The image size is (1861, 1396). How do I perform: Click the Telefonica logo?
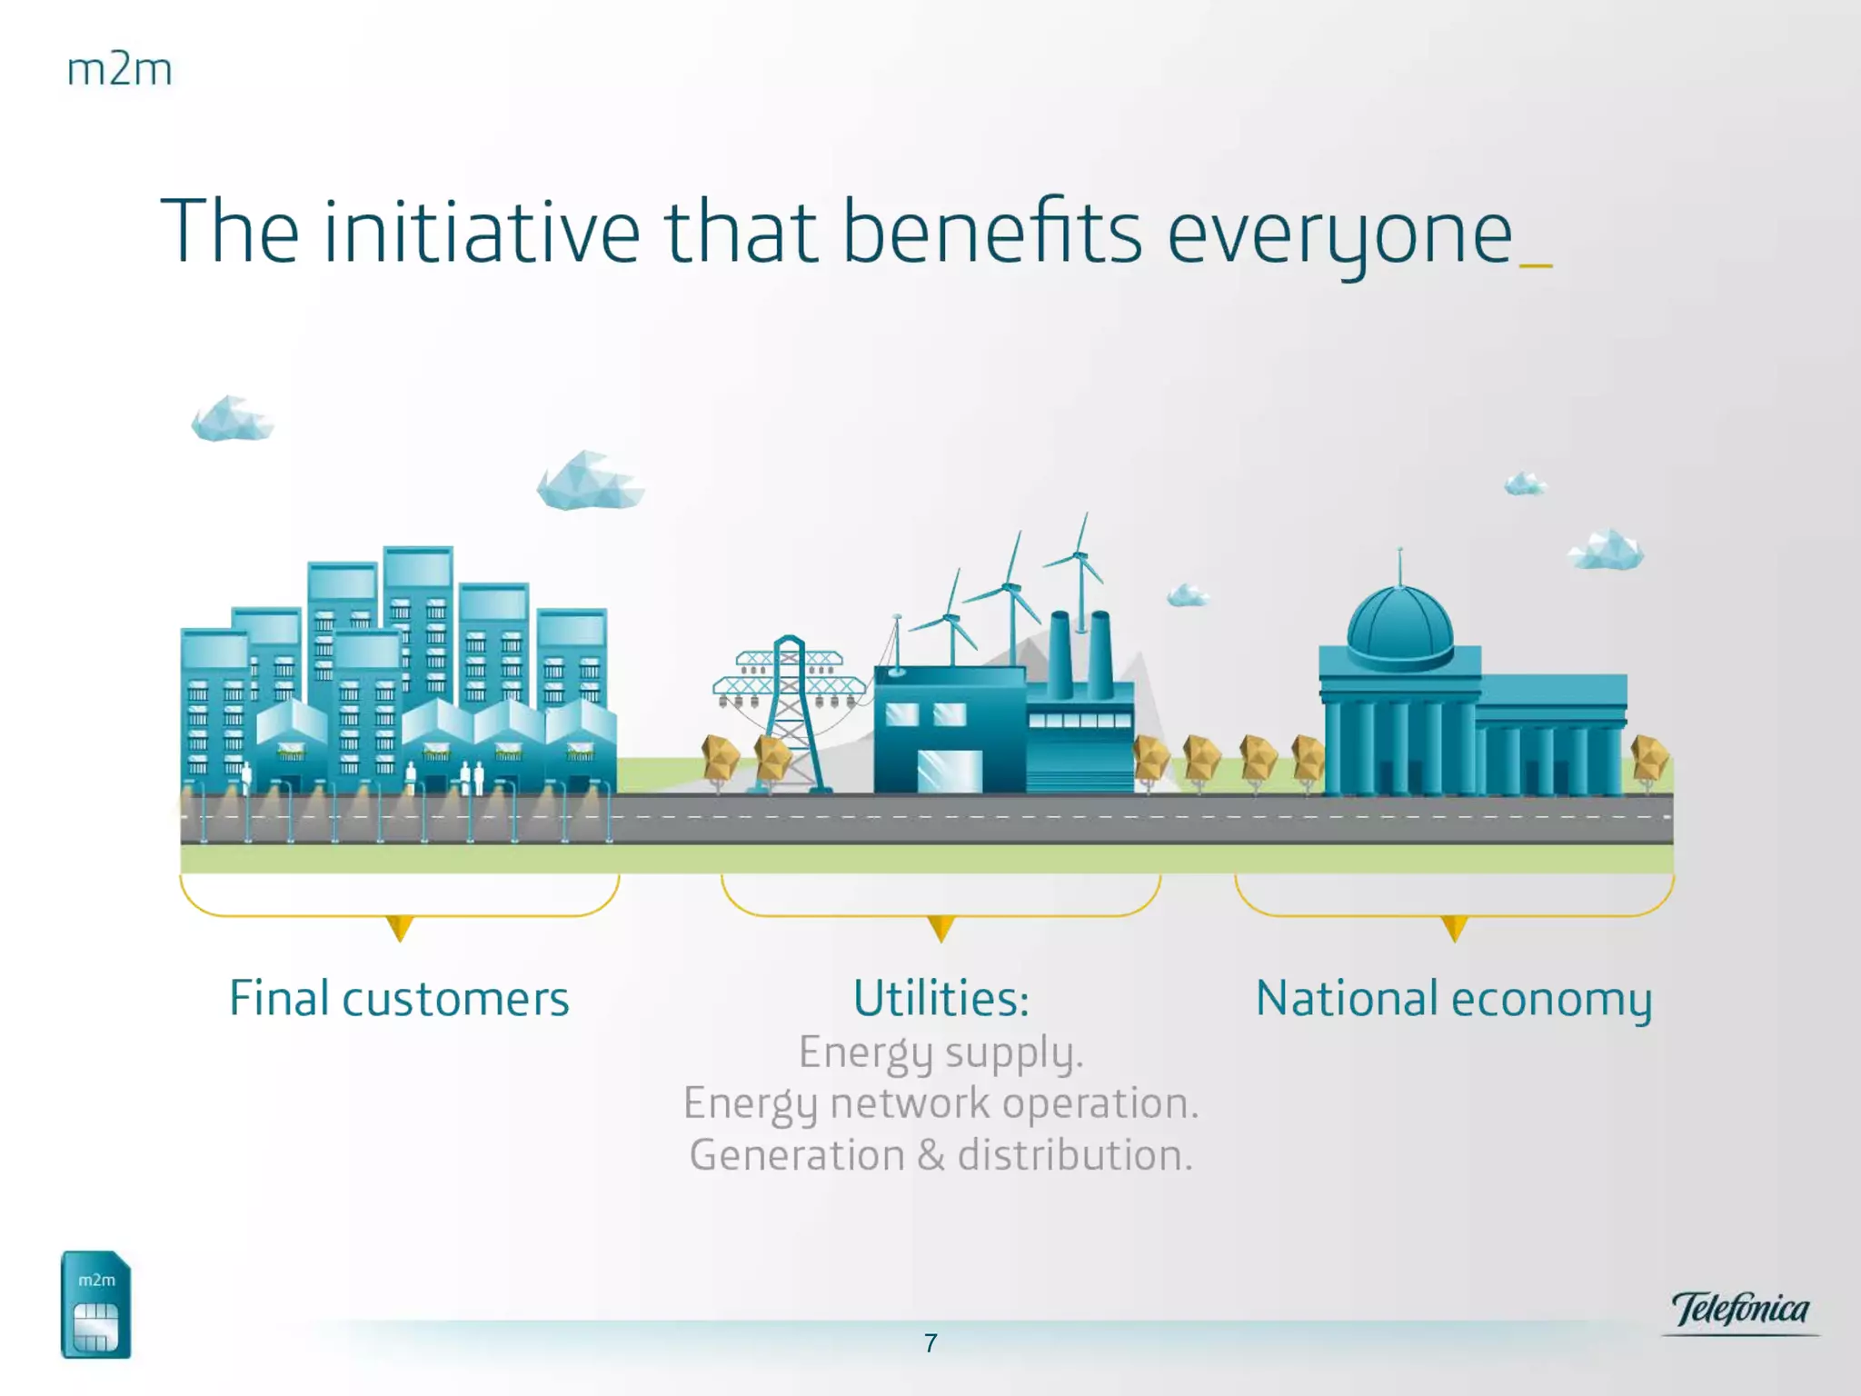(1740, 1311)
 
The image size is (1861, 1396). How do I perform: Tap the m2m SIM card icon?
(95, 1304)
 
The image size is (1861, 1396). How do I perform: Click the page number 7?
(930, 1343)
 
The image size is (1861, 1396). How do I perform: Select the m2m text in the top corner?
(119, 70)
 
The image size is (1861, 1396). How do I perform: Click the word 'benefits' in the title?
(992, 231)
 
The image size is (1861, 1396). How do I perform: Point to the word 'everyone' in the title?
(1340, 238)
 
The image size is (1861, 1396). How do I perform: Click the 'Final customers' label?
(399, 999)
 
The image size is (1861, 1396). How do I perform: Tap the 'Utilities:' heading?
(941, 999)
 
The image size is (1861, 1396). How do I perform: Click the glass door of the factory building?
(950, 771)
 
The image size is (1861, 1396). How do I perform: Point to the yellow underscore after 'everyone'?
(1536, 265)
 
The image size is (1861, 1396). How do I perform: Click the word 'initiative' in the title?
(482, 231)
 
